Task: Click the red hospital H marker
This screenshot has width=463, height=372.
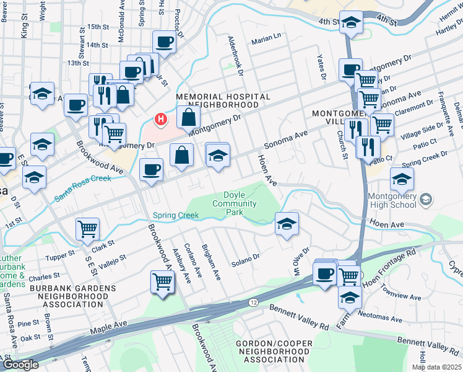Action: pyautogui.click(x=161, y=118)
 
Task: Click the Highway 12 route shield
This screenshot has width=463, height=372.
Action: pyautogui.click(x=254, y=302)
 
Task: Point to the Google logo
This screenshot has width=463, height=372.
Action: pyautogui.click(x=20, y=365)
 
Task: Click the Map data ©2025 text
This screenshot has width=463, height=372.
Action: pyautogui.click(x=436, y=367)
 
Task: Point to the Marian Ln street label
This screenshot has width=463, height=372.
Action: pyautogui.click(x=266, y=42)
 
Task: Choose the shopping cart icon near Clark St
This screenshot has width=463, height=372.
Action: pyautogui.click(x=88, y=229)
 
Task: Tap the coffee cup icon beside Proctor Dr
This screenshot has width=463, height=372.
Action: pyautogui.click(x=164, y=42)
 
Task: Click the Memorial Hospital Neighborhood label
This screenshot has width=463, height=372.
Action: pyautogui.click(x=223, y=101)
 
